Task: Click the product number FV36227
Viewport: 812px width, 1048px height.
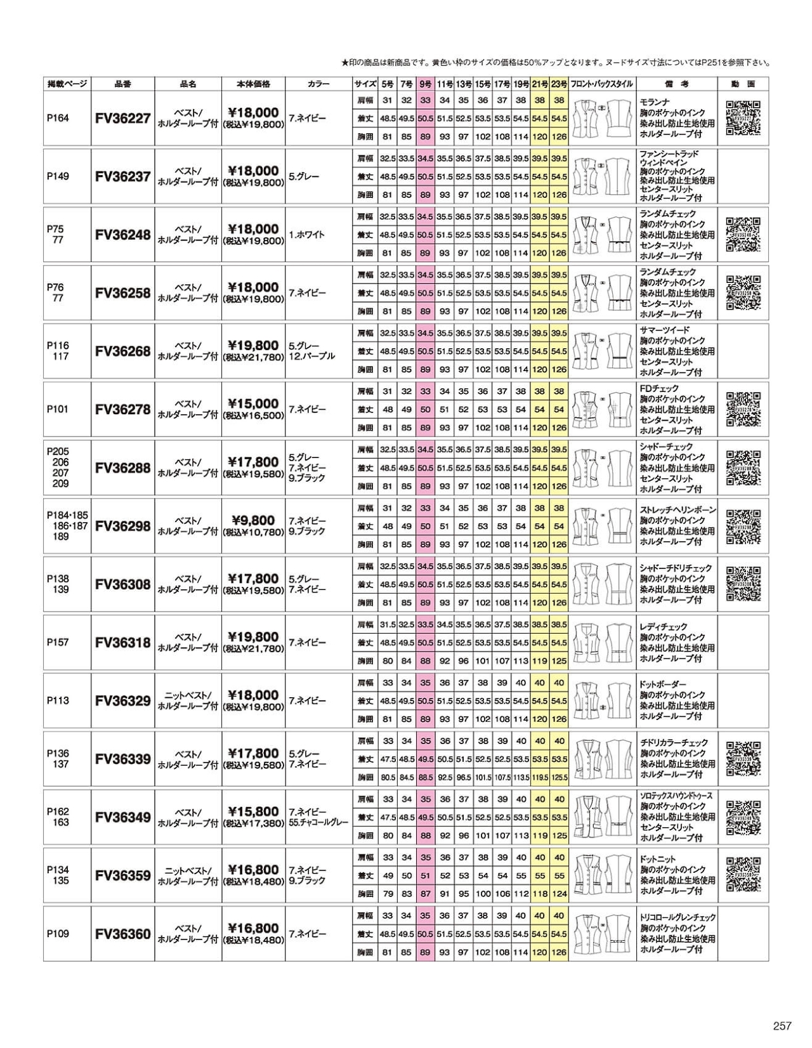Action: (x=123, y=118)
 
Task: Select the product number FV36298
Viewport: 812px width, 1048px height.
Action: (x=123, y=526)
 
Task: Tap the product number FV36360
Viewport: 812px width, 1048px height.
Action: (x=123, y=934)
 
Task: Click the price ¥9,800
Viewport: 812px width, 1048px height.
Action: (x=253, y=520)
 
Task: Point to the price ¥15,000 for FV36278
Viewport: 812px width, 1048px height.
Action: (x=253, y=403)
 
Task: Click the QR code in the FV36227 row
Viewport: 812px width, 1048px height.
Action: (x=743, y=118)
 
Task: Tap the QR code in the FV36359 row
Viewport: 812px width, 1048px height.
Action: (x=743, y=875)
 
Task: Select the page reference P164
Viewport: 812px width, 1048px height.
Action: (x=58, y=118)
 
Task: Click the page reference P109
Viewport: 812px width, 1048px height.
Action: (x=58, y=934)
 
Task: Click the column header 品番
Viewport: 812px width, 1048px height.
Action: (x=123, y=84)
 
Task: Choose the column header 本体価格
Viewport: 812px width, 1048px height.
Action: (x=253, y=84)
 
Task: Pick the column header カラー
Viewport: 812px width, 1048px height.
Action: (x=318, y=84)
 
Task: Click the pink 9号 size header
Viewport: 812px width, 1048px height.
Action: (x=425, y=84)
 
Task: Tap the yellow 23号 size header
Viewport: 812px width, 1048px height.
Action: (x=559, y=84)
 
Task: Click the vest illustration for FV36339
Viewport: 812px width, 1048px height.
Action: (x=603, y=759)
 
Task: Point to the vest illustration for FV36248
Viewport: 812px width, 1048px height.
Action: (x=603, y=235)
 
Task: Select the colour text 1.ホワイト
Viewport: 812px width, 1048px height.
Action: (x=306, y=235)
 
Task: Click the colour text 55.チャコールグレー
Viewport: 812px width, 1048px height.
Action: (x=318, y=822)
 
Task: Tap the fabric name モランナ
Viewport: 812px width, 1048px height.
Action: (x=654, y=102)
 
